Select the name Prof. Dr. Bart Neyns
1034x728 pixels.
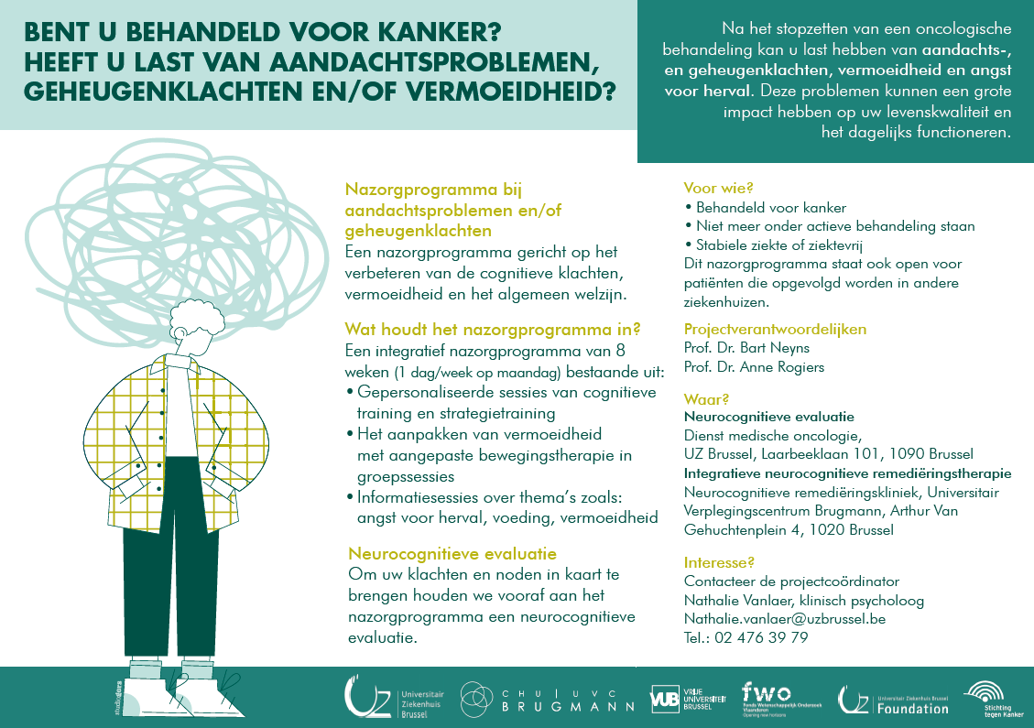746,348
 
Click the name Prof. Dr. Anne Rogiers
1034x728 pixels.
754,367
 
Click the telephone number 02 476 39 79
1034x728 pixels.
760,638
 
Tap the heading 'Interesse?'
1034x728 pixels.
719,562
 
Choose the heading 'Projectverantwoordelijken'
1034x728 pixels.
775,330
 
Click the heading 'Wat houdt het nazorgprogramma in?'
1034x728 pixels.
492,329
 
